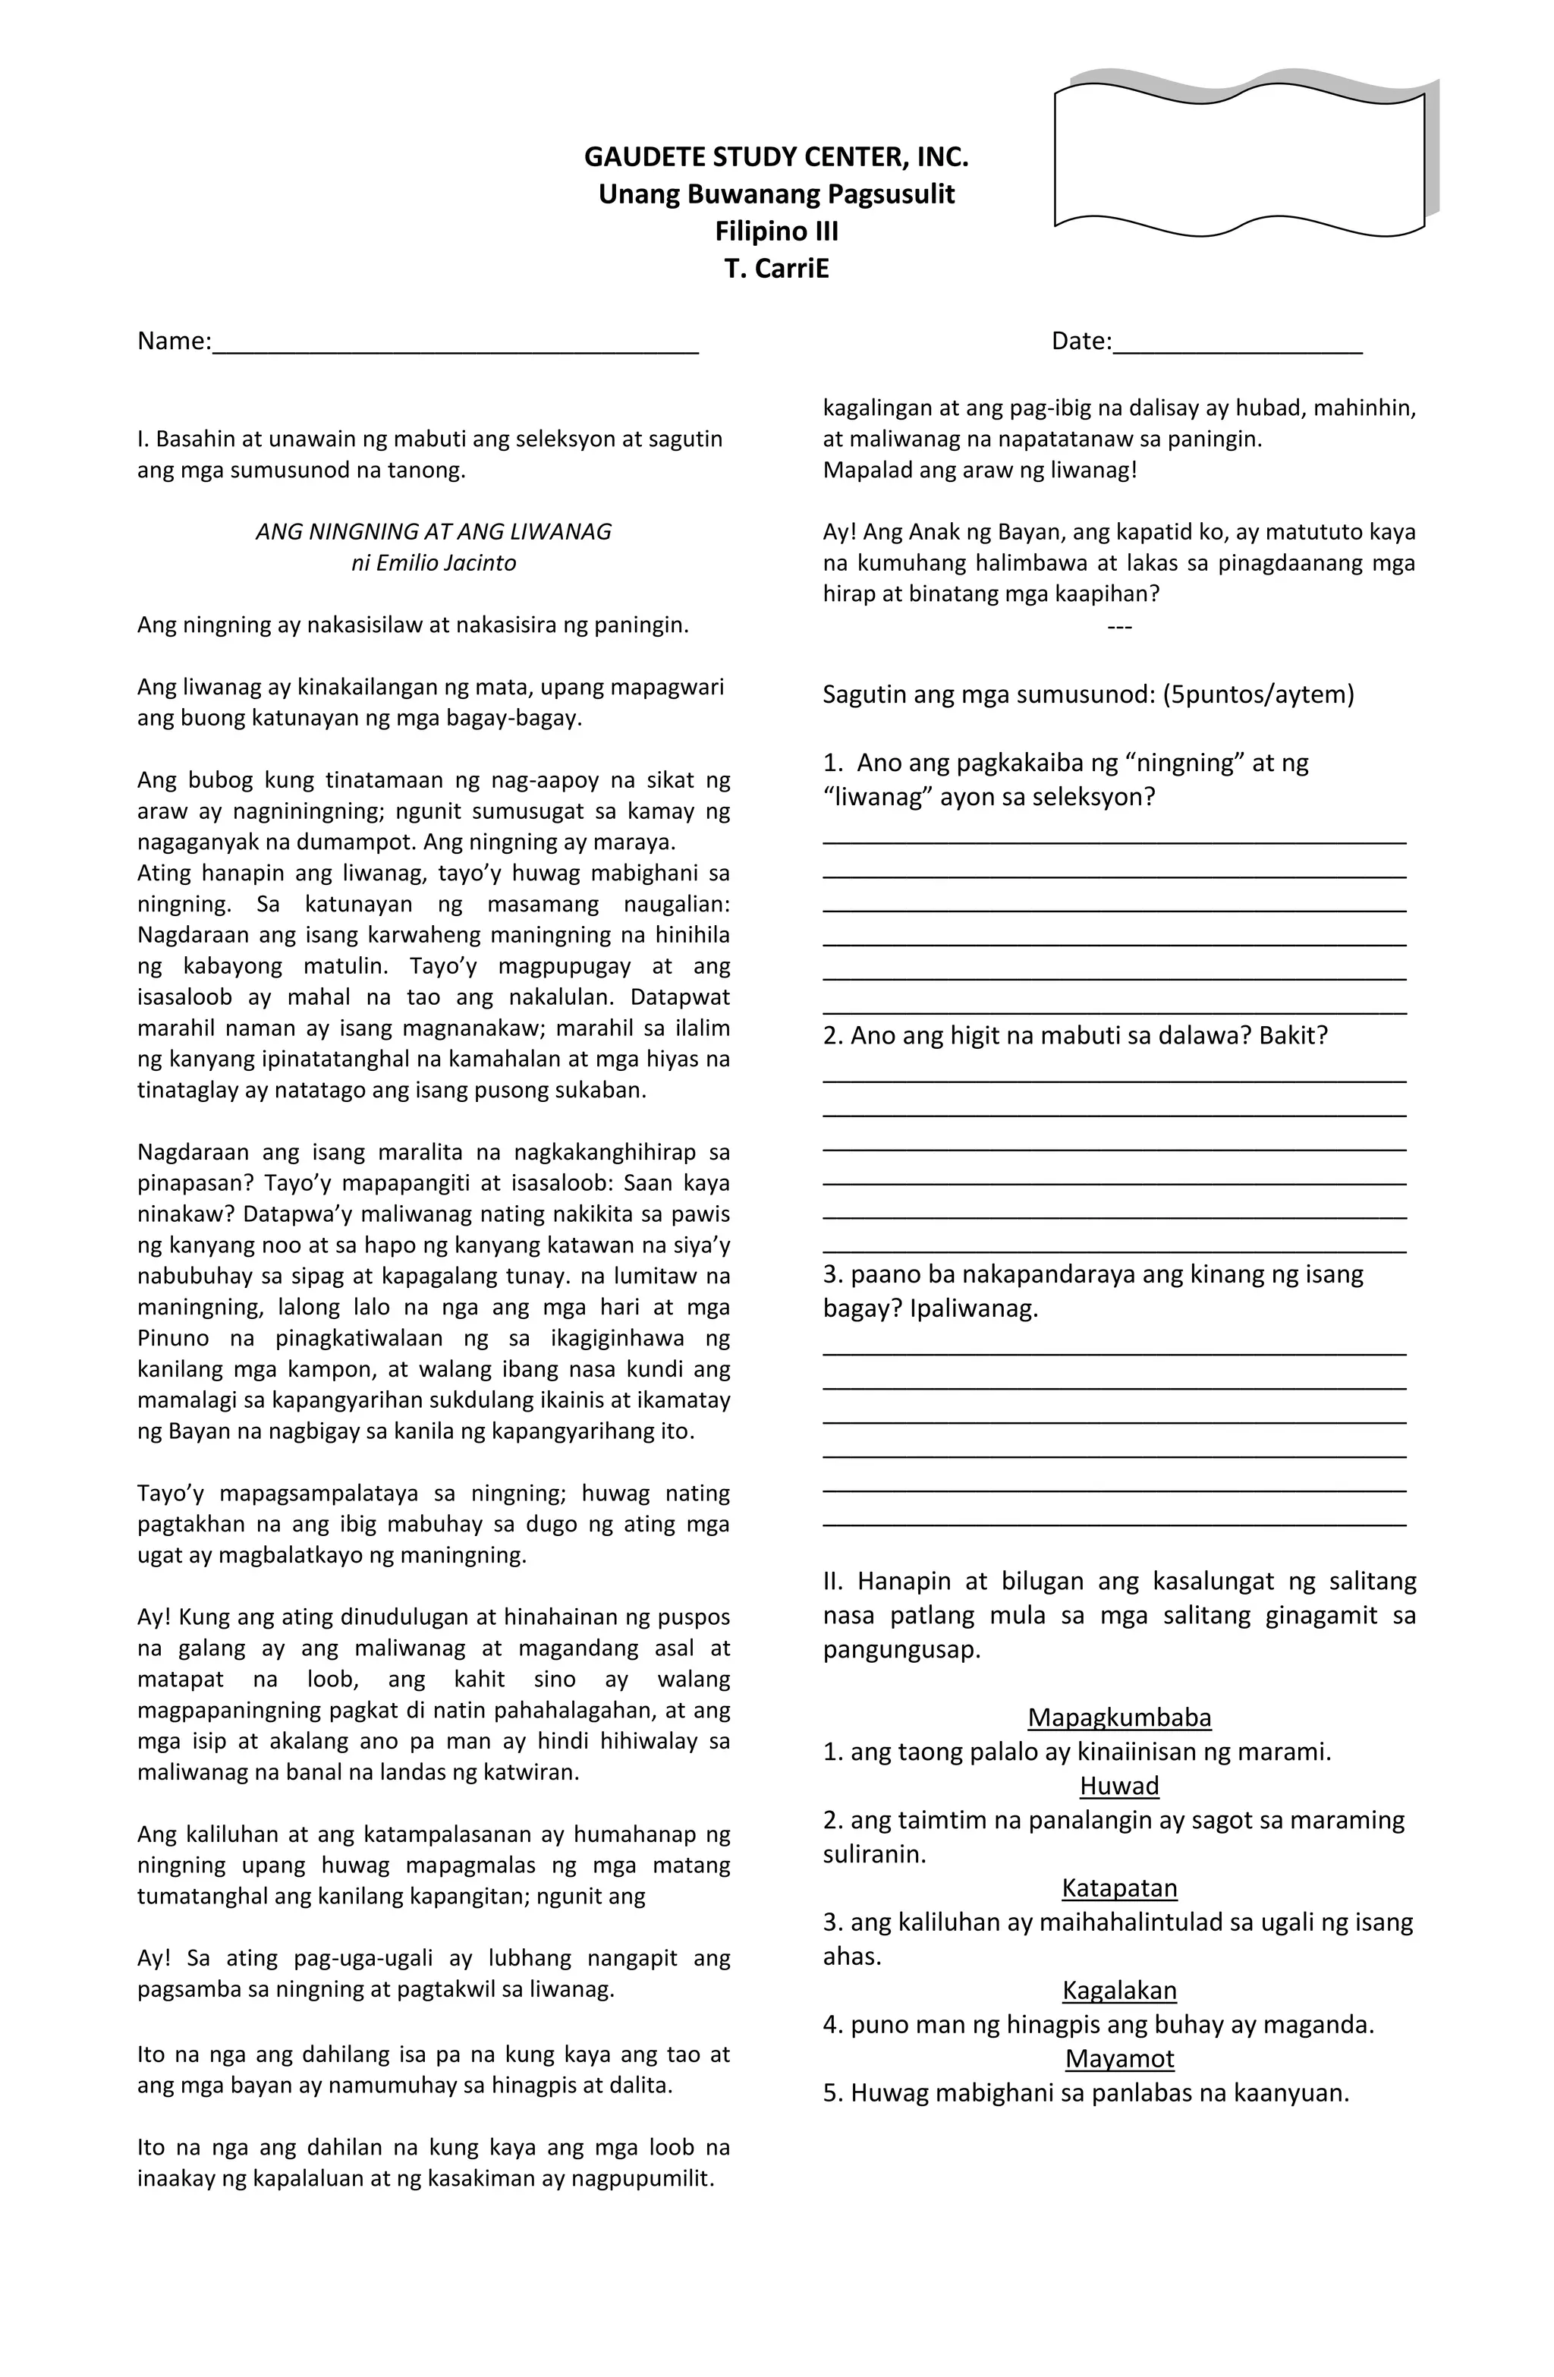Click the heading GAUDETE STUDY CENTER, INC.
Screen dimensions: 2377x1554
776,157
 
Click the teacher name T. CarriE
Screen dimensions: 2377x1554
776,269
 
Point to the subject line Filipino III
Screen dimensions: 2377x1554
776,231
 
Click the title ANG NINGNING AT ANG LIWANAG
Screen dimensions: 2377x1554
433,531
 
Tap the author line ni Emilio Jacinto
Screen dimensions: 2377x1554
433,562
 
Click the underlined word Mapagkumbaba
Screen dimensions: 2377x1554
1118,1717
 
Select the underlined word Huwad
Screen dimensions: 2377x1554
1118,1785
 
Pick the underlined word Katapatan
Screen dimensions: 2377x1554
1118,1887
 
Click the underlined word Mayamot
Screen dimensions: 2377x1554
1118,2057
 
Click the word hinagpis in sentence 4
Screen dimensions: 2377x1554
1045,2024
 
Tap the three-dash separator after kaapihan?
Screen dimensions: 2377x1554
1118,625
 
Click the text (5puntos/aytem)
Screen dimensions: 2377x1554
1257,694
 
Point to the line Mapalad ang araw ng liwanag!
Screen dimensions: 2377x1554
979,470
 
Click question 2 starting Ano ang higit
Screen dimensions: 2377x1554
1074,1036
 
